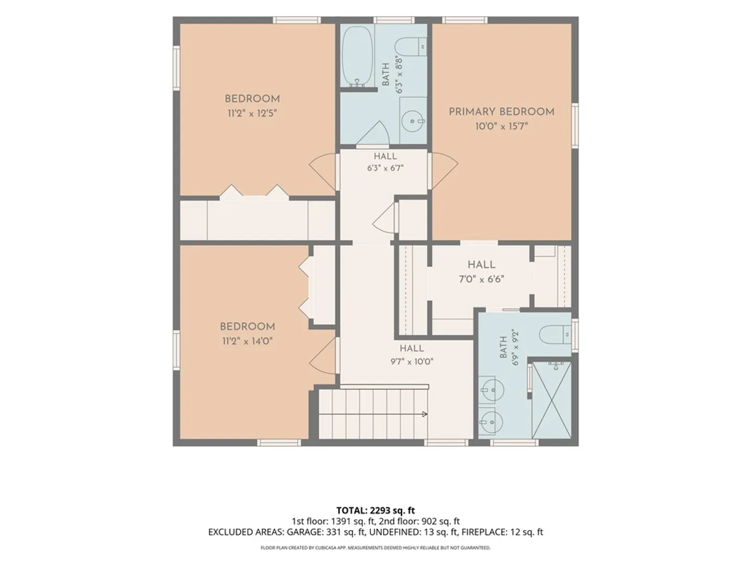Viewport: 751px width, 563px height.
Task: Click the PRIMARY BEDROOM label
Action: click(501, 112)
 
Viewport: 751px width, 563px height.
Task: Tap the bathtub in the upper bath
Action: click(357, 56)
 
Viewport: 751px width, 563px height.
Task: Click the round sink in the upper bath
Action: click(414, 121)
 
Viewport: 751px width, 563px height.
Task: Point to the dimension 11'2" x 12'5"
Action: click(252, 113)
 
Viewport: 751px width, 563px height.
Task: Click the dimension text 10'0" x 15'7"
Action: click(502, 127)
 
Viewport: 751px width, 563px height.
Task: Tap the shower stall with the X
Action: click(552, 400)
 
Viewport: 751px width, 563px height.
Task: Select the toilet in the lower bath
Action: click(554, 334)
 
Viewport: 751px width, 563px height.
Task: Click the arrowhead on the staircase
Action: click(425, 414)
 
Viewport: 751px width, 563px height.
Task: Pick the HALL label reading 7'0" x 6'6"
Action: click(481, 265)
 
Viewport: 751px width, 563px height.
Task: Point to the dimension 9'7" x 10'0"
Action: click(412, 362)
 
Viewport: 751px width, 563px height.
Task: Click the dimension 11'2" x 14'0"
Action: click(247, 341)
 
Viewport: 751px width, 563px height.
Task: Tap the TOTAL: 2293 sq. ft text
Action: click(375, 510)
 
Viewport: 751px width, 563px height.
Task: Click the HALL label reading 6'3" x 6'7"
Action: click(385, 156)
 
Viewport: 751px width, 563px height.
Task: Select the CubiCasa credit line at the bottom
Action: click(375, 547)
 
